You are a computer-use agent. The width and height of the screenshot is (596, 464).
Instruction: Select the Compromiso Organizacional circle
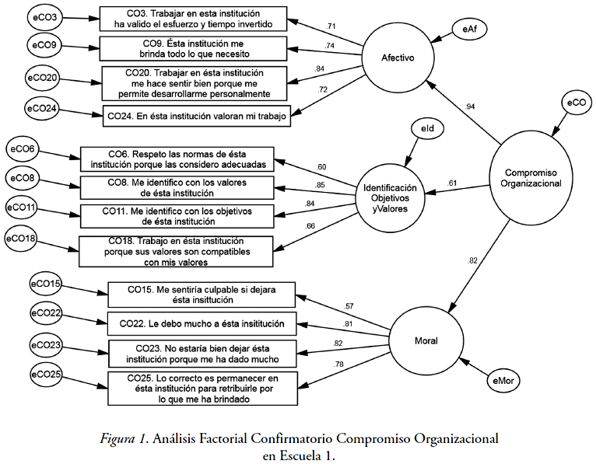coord(533,178)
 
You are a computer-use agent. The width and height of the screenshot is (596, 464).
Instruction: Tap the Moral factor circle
coord(426,340)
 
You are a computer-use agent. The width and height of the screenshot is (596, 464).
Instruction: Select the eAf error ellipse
coord(469,29)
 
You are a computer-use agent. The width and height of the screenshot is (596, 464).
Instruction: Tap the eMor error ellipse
coord(504,381)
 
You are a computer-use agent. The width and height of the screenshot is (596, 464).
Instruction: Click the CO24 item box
coord(197,115)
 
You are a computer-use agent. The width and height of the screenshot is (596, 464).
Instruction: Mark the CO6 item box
coord(177,158)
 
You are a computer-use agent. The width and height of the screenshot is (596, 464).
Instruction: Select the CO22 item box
coord(202,323)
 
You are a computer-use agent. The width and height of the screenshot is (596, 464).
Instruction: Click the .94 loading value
coord(470,106)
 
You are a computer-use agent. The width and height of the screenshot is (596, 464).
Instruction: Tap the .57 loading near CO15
coord(348,305)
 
